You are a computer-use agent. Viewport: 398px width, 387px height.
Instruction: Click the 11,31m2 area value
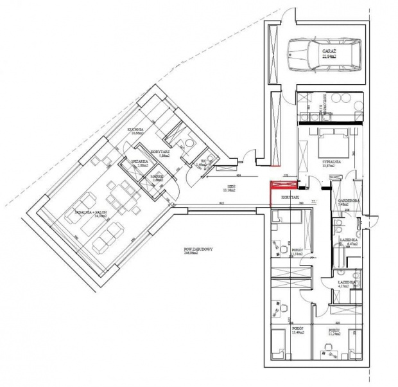point(296,253)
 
